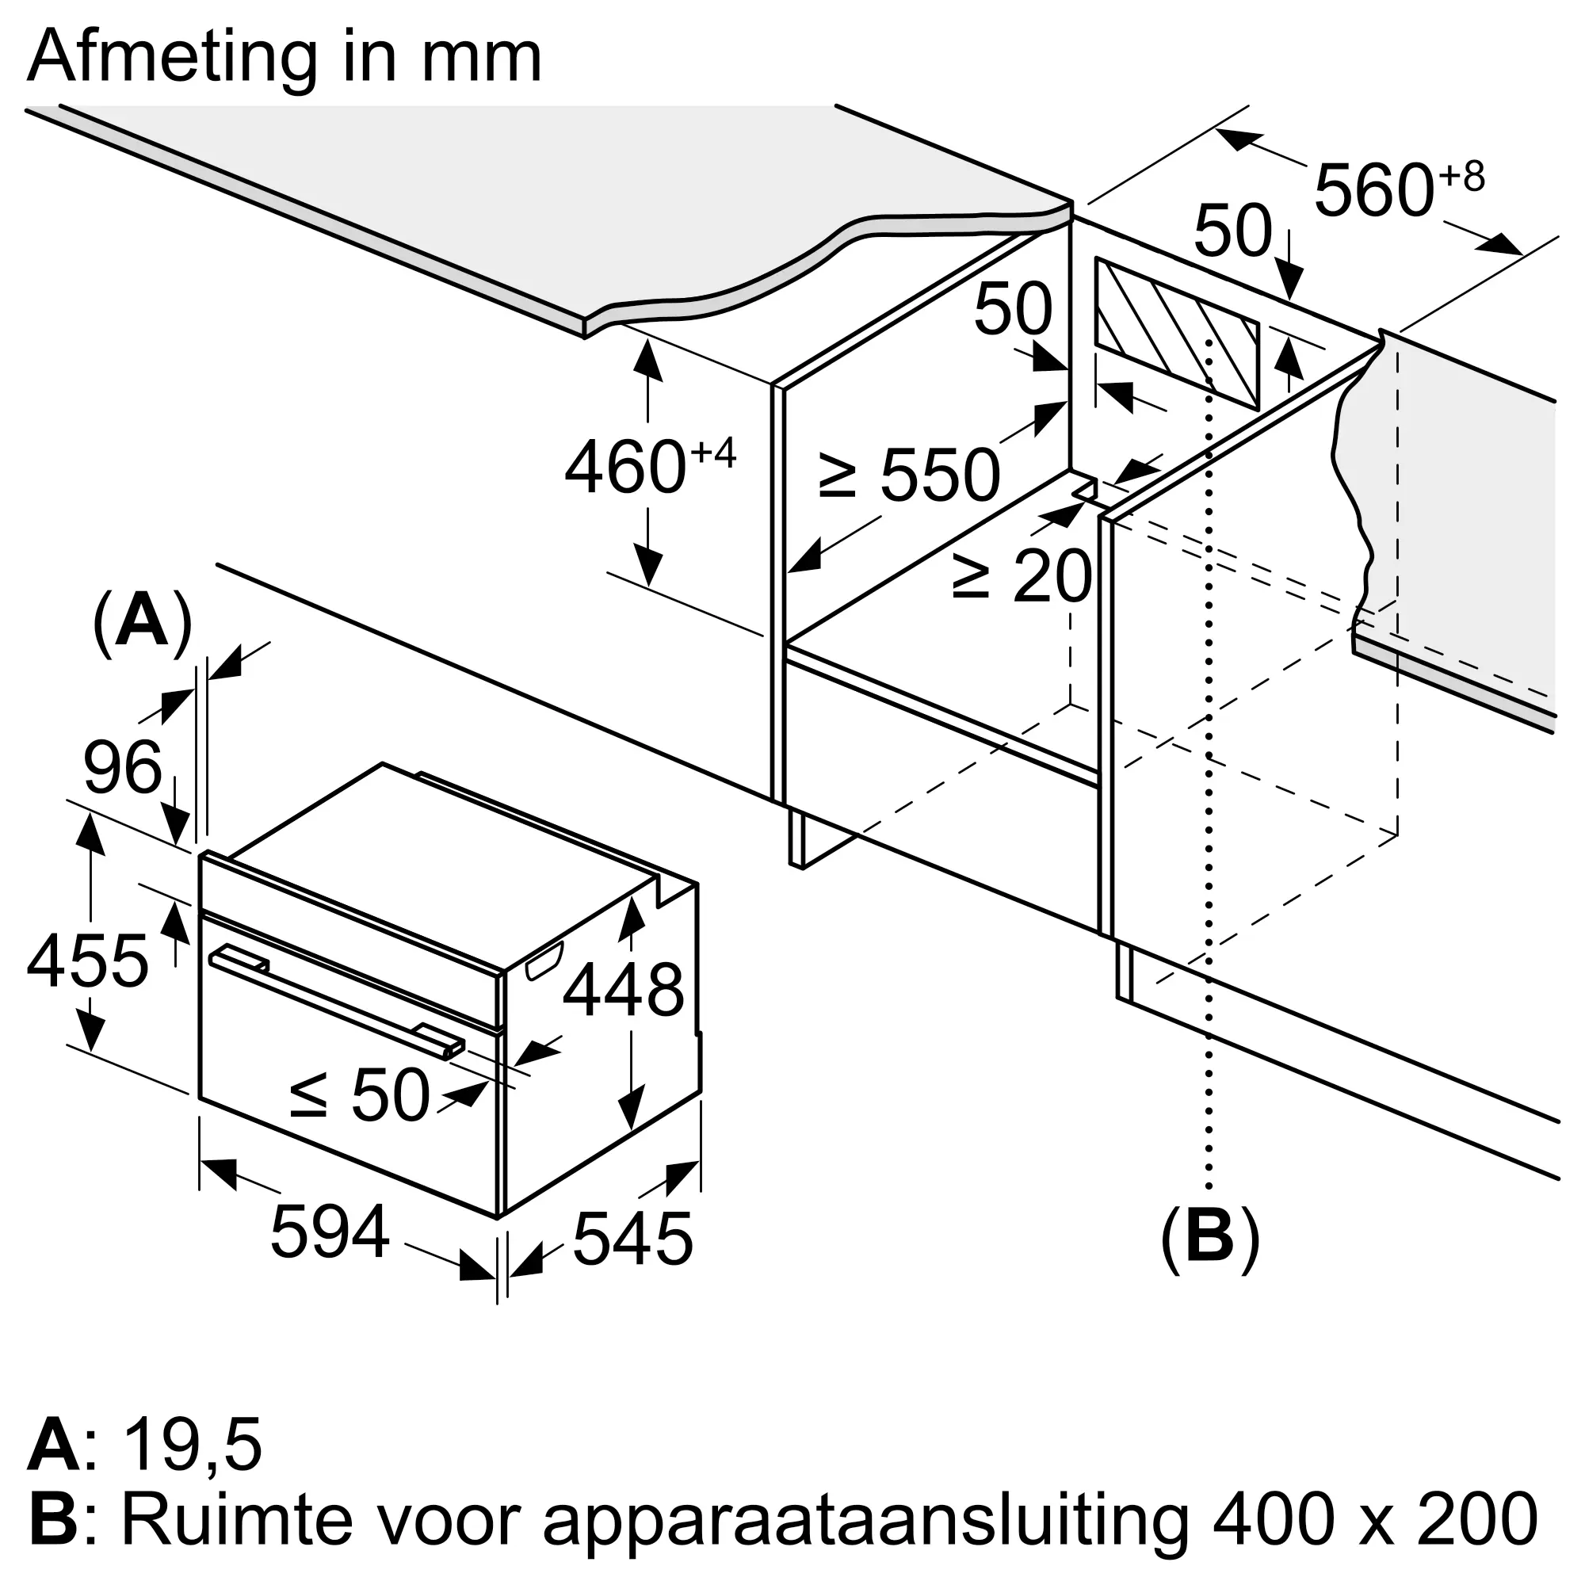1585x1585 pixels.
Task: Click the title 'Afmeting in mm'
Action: [x=284, y=57]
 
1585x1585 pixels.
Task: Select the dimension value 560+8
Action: [x=1398, y=189]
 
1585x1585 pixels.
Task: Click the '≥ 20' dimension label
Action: [x=1022, y=575]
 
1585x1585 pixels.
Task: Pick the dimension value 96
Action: [x=123, y=768]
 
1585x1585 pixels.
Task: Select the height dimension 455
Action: [x=87, y=961]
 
